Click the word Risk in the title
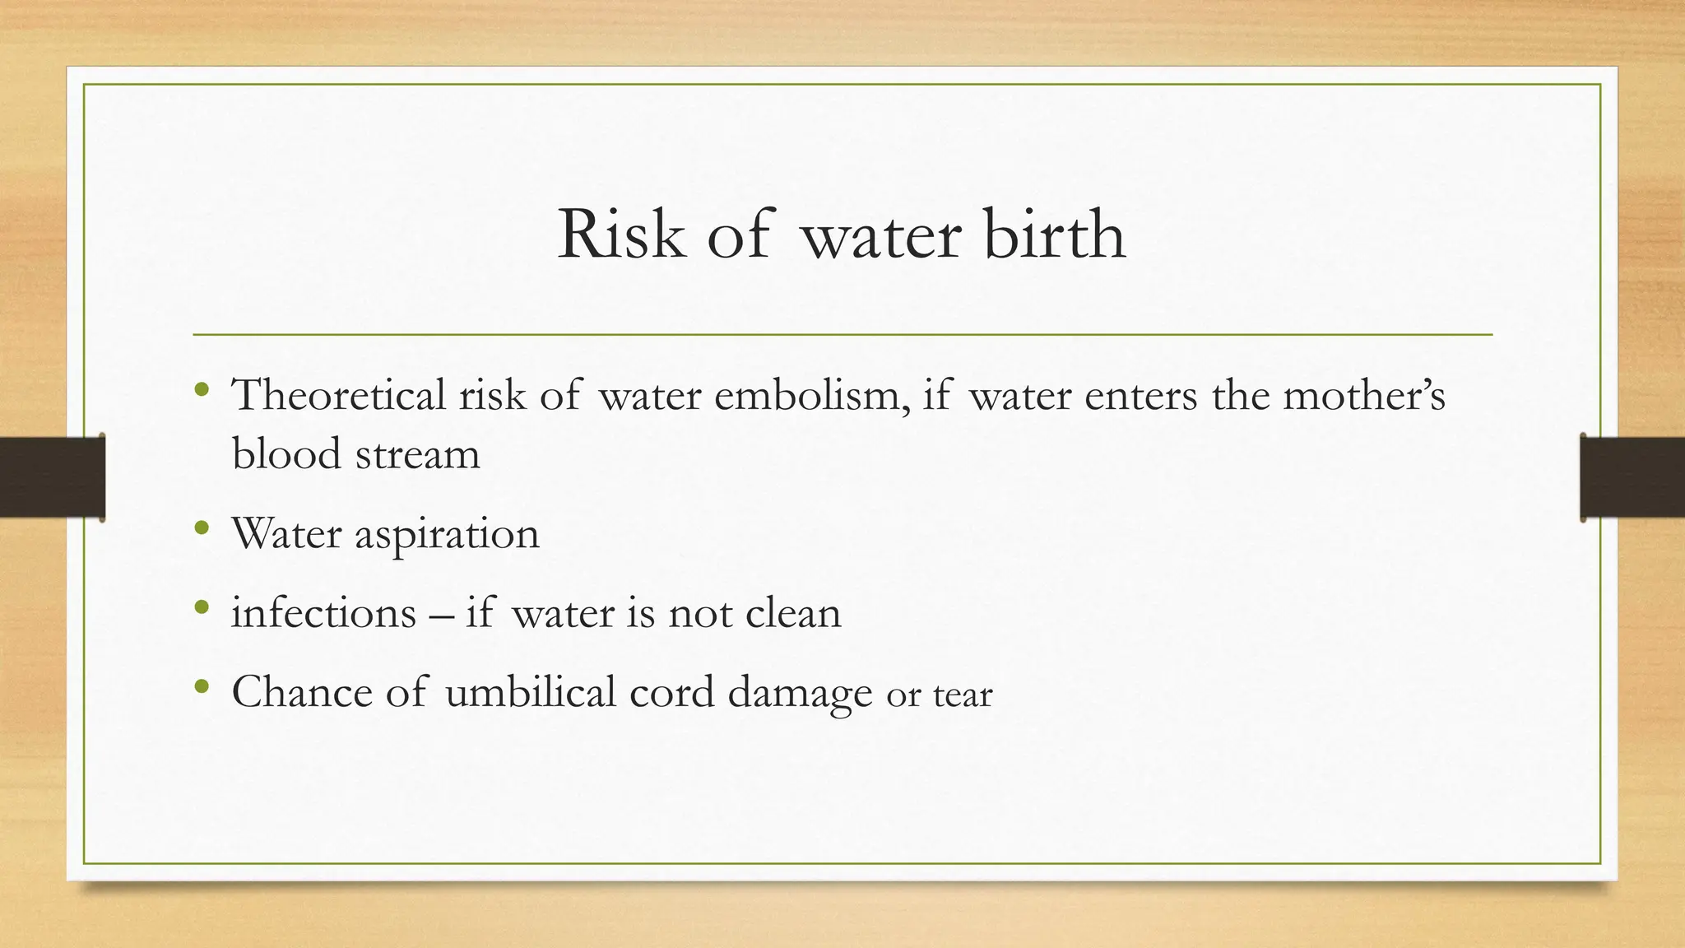620,235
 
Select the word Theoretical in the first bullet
338,395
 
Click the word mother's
1363,395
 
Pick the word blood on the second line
286,454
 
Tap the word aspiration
447,535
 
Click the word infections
324,613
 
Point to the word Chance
302,691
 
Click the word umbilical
530,691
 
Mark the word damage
800,693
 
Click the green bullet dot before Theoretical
202,388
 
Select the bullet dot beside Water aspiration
202,528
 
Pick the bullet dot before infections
202,607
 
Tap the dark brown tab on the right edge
1632,477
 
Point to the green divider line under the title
842,335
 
